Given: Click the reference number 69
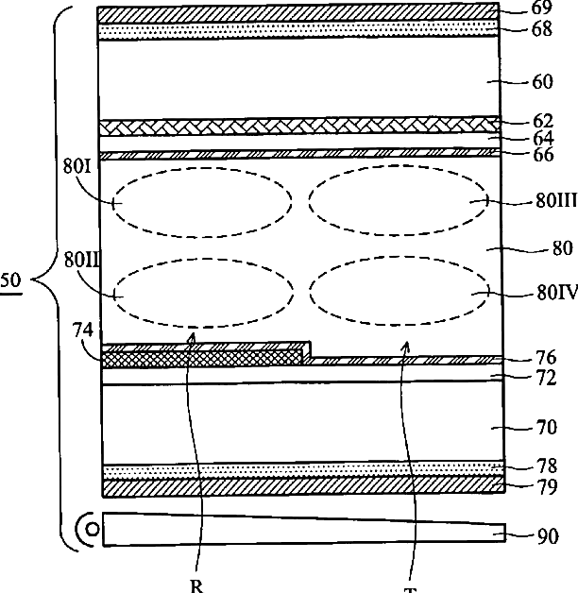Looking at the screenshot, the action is [543, 8].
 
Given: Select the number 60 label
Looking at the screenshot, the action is [543, 82].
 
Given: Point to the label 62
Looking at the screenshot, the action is [543, 121].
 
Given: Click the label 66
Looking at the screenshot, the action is [543, 156].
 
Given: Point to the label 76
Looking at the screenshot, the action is [543, 358].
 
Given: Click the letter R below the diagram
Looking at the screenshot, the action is [196, 585].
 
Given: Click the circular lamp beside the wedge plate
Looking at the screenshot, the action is [91, 530].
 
